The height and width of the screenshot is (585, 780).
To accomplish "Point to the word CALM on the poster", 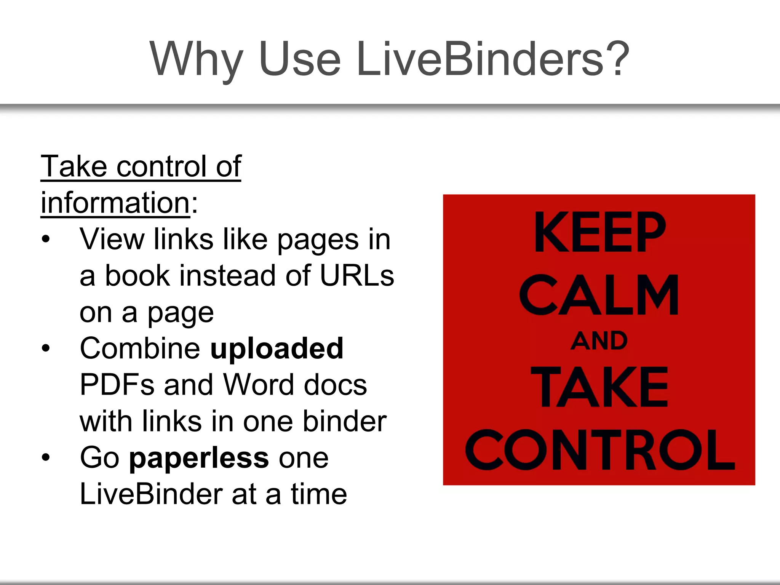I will coord(599,295).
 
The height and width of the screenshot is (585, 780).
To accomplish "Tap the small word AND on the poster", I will coord(599,341).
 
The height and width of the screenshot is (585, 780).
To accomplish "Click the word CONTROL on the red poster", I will coord(599,449).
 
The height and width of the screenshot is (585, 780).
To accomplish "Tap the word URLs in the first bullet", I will coord(357,276).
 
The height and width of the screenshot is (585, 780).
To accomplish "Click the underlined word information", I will coord(115,203).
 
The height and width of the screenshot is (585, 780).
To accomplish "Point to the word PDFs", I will coord(117,385).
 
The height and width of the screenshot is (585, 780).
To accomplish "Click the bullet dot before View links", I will coord(46,240).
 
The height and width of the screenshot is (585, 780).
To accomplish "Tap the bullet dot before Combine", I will coord(46,348).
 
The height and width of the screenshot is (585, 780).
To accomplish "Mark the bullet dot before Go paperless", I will coord(46,457).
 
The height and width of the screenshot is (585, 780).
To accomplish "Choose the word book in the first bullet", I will coord(137,276).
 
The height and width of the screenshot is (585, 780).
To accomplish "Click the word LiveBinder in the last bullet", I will coord(151,494).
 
